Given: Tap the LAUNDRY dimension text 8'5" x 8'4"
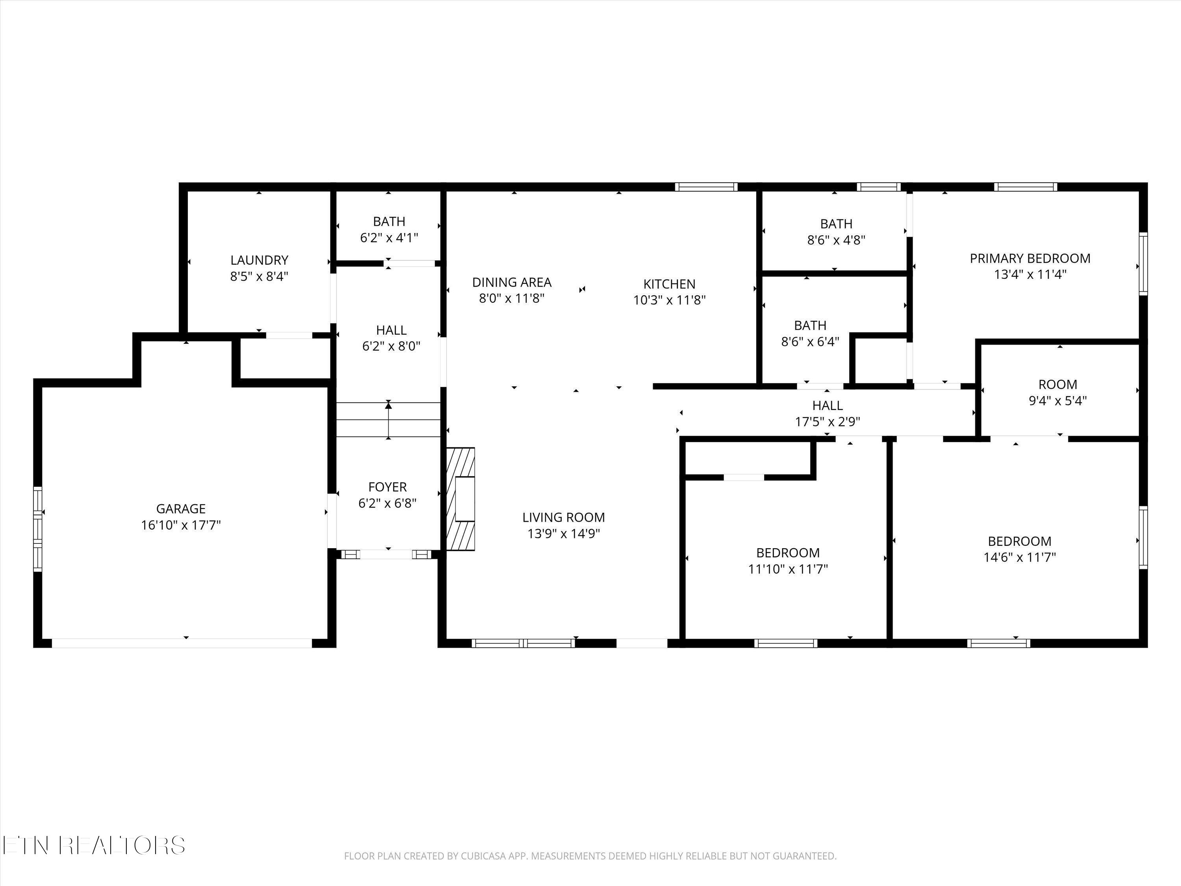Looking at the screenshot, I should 259,277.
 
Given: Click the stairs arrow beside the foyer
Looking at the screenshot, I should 388,420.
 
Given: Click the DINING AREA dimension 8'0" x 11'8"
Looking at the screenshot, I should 511,298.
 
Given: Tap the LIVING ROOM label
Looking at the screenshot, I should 563,517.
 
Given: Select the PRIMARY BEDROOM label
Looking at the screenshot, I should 1029,258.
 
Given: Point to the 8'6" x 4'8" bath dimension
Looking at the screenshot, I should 836,240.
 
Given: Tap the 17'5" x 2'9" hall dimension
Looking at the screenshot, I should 827,422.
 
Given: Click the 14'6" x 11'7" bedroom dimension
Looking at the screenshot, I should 1019,558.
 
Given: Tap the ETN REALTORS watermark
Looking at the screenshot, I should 93,845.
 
